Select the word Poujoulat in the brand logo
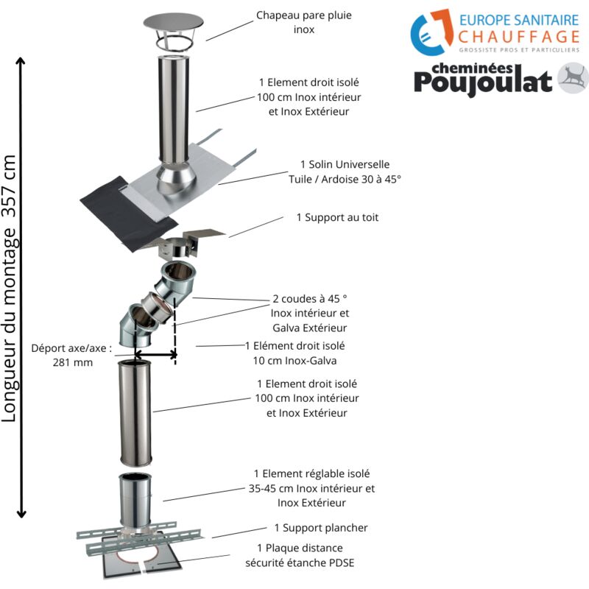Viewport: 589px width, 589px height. pos(482,82)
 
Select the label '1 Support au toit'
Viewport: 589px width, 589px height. pos(337,218)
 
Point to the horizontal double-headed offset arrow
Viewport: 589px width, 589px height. pos(155,355)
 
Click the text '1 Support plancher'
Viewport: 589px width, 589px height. pos(320,528)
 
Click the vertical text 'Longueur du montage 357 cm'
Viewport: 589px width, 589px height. pos(10,287)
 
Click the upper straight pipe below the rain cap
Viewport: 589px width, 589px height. pos(174,110)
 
